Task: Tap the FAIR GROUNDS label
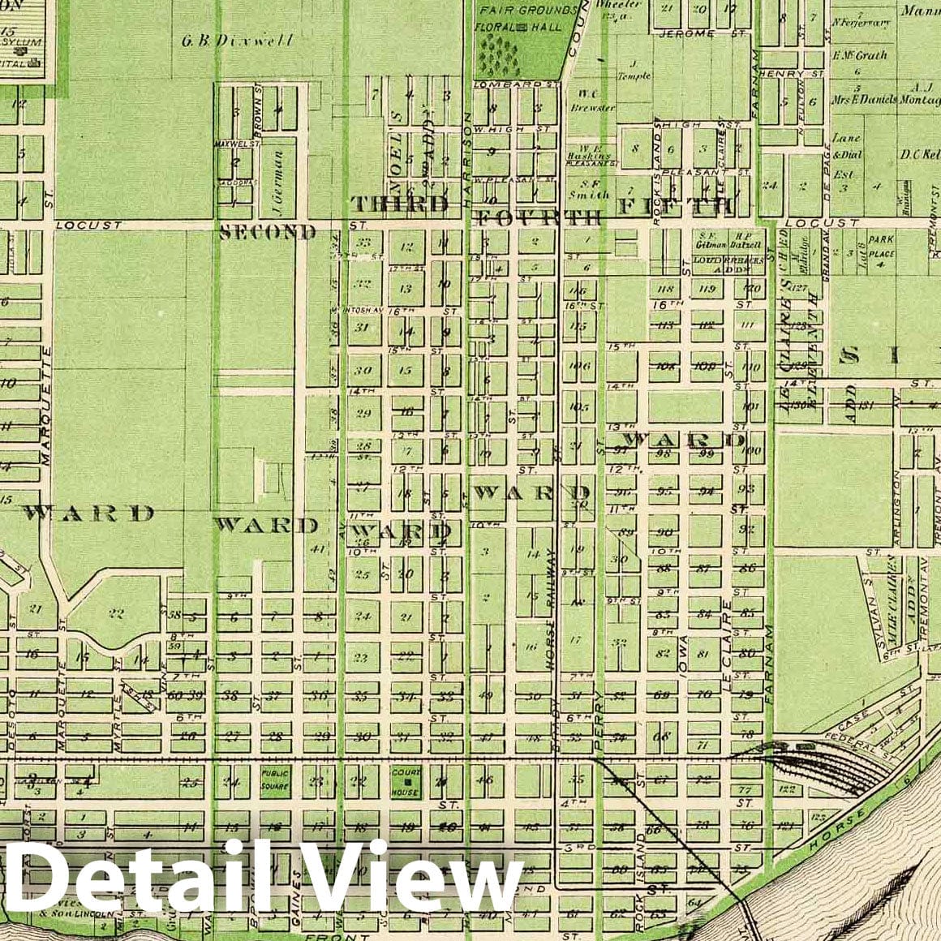pyautogui.click(x=528, y=11)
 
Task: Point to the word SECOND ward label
pyautogui.click(x=268, y=233)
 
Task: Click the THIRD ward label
pyautogui.click(x=398, y=204)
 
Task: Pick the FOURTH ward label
pyautogui.click(x=539, y=217)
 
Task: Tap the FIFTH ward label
pyautogui.click(x=676, y=205)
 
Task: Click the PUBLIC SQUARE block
pyautogui.click(x=274, y=780)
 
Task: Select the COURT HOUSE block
pyautogui.click(x=405, y=780)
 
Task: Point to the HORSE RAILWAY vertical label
pyautogui.click(x=552, y=608)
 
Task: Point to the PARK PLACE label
pyautogui.click(x=881, y=247)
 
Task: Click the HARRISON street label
pyautogui.click(x=468, y=154)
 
